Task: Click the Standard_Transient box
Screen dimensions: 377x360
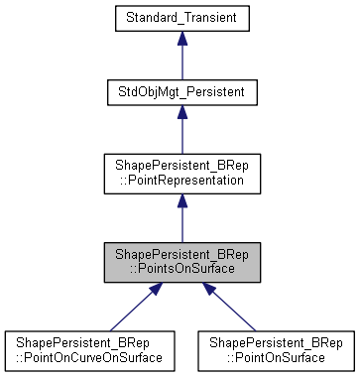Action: [x=181, y=19]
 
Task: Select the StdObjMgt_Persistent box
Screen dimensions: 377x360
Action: [x=181, y=92]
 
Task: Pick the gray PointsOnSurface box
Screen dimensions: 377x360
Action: [x=181, y=263]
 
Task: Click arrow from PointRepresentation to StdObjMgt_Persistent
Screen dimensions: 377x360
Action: [x=181, y=134]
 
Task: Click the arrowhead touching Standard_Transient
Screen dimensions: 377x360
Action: [x=181, y=42]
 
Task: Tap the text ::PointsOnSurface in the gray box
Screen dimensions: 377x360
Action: [x=181, y=270]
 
